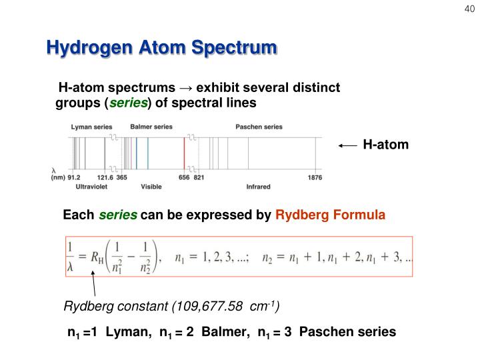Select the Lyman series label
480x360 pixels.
(92, 127)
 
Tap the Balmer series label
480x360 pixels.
(151, 127)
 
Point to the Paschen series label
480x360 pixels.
(259, 127)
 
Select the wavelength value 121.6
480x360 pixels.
(105, 178)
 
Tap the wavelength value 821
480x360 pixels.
(199, 178)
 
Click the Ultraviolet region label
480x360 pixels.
(93, 187)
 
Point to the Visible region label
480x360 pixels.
(151, 187)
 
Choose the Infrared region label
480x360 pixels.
(259, 187)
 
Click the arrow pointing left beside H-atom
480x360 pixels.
(347, 145)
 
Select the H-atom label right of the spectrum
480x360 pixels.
(385, 145)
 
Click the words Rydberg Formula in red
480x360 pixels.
(330, 215)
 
